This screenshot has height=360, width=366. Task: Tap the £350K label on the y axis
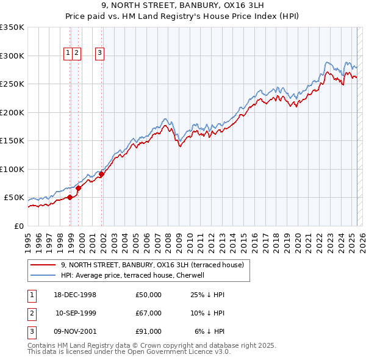[12, 27]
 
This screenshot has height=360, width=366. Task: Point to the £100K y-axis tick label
[12, 170]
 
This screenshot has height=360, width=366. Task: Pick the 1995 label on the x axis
[28, 239]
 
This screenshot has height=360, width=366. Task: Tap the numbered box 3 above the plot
[99, 53]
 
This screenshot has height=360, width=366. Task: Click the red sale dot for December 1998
[70, 197]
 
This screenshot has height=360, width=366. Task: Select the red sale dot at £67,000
[78, 188]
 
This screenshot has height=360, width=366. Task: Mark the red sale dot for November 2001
[102, 175]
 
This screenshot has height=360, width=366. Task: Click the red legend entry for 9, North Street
[152, 265]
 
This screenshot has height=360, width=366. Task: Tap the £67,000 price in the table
[148, 313]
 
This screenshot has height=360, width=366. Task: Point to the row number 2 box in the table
[30, 313]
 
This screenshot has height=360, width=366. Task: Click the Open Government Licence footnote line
[129, 351]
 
